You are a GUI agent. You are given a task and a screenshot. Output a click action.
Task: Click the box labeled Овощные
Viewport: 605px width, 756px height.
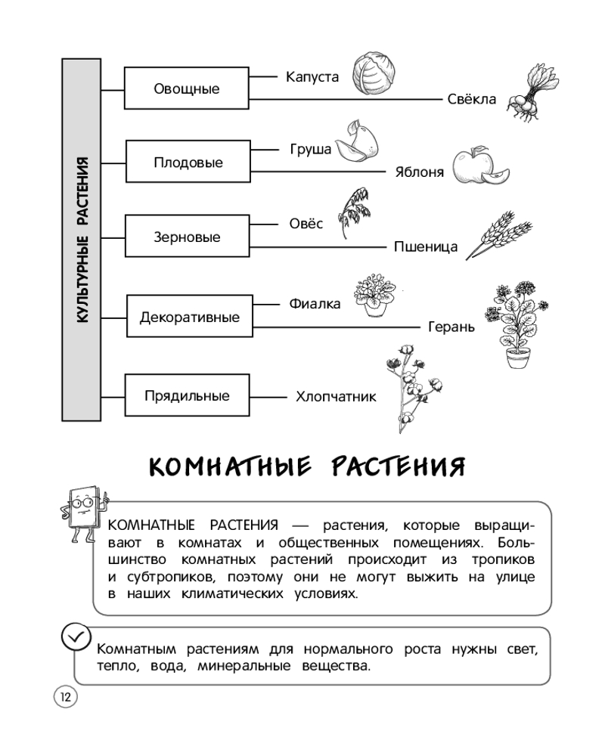(187, 89)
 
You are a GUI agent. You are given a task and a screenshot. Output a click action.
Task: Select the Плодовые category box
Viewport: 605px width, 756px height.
(187, 163)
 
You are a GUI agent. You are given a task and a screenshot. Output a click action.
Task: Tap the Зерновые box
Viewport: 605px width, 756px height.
(187, 237)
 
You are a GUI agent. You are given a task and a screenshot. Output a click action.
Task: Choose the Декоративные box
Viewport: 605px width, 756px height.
(189, 317)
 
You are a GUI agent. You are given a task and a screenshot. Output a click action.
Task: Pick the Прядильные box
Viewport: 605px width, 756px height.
(187, 395)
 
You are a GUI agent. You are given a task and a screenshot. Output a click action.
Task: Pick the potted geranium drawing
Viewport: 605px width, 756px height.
(518, 325)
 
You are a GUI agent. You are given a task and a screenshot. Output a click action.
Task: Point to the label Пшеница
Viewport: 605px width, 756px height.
(426, 246)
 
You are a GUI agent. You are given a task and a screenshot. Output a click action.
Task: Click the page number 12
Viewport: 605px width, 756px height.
(64, 696)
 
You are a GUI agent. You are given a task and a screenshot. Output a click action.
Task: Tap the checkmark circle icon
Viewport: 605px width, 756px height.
(75, 637)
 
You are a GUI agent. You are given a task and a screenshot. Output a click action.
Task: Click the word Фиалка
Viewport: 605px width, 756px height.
(315, 304)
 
